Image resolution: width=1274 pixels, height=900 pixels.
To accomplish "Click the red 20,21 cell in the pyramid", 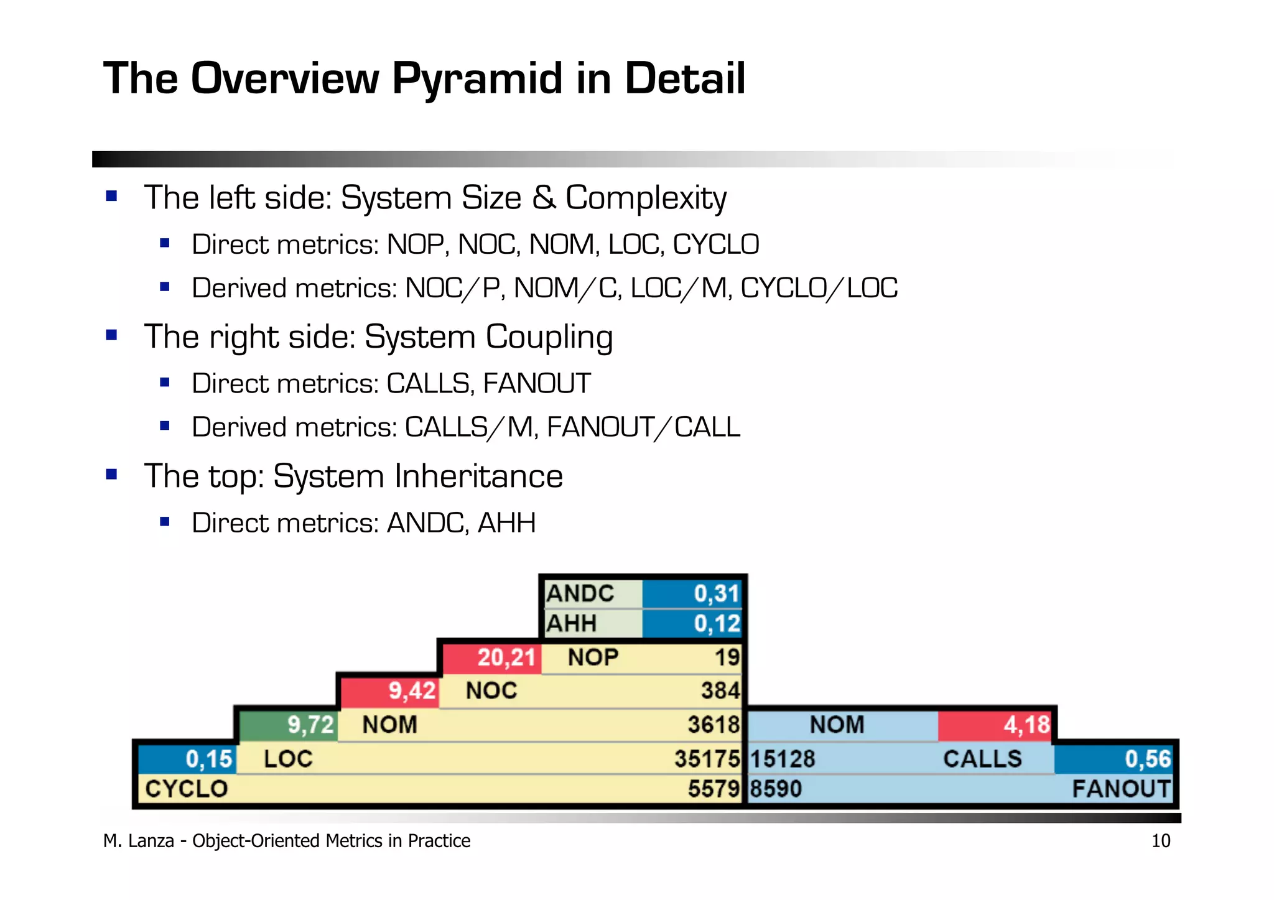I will tap(492, 657).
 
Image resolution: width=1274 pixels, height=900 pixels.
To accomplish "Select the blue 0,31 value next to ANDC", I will tap(692, 593).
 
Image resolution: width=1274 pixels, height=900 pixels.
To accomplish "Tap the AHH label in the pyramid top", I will tap(571, 623).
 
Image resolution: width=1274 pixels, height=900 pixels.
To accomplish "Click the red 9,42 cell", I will tap(390, 691).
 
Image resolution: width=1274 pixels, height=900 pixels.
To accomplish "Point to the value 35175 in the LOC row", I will tap(707, 759).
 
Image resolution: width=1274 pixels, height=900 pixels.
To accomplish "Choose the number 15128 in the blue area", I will tap(782, 759).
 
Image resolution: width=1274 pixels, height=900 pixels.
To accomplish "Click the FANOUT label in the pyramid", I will tap(1120, 789).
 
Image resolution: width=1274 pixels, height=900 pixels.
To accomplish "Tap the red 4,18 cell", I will tap(994, 725).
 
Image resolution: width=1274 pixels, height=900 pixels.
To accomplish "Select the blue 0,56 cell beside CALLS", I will tap(1114, 759).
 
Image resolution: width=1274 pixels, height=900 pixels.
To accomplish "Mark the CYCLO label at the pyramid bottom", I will tap(186, 789).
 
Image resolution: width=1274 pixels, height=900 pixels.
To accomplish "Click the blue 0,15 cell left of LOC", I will tap(187, 759).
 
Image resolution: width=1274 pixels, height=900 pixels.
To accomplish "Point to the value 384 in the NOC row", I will tap(720, 691).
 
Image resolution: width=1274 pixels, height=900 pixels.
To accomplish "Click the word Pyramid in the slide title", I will tap(477, 80).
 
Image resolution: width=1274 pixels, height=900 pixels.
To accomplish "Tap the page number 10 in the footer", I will tap(1161, 841).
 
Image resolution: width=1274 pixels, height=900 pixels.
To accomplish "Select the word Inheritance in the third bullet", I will tap(480, 476).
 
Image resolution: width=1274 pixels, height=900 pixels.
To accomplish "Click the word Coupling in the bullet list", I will tap(549, 337).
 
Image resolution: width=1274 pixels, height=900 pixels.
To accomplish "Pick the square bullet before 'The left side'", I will tap(112, 197).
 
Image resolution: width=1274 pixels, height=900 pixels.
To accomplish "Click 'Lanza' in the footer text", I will tap(151, 841).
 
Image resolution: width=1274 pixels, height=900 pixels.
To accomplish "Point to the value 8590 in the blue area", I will tap(775, 789).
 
